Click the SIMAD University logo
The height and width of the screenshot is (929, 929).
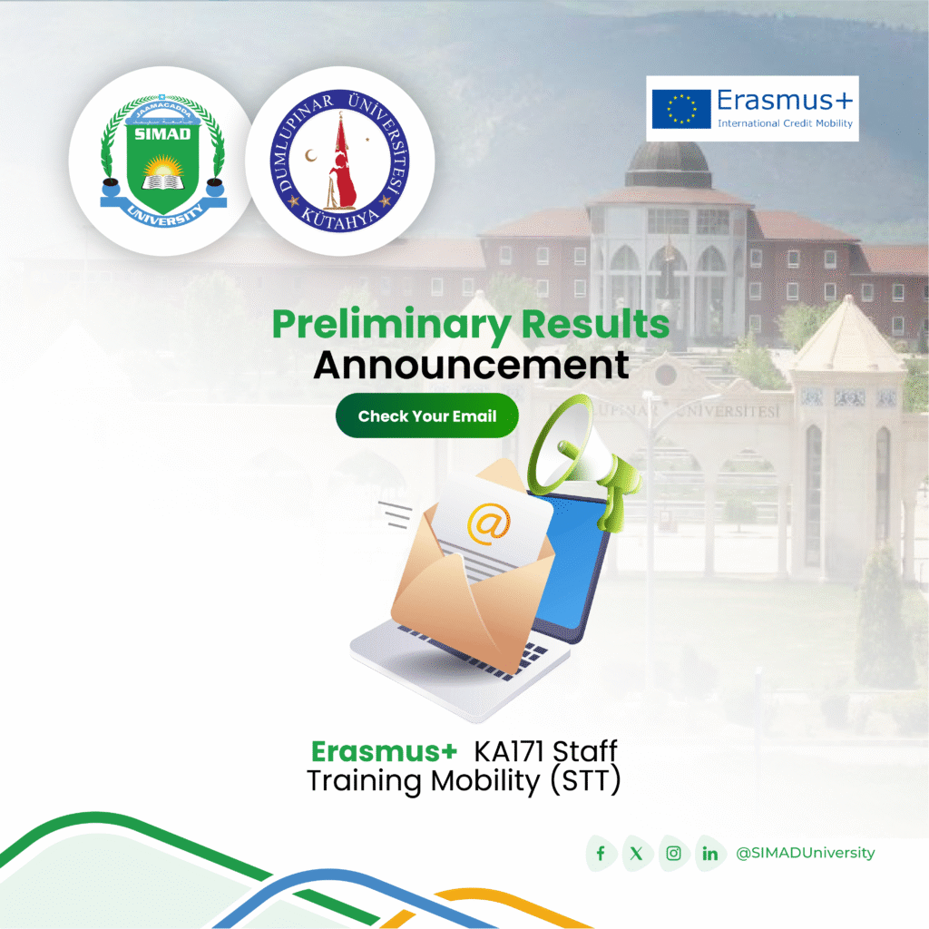click(x=161, y=161)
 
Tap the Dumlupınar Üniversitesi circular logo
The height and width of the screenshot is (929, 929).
click(x=339, y=161)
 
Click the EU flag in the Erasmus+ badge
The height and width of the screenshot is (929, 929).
click(x=680, y=108)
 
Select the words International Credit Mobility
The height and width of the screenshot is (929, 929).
click(x=785, y=122)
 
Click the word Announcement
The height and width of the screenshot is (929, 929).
click(x=471, y=366)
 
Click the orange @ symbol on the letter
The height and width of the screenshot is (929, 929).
click(x=488, y=524)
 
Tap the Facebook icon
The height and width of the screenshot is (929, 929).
click(x=601, y=854)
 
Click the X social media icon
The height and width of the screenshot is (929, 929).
click(x=637, y=854)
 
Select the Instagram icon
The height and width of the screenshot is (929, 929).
click(x=673, y=854)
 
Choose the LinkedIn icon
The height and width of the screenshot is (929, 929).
click(x=709, y=854)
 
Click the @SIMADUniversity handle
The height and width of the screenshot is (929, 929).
click(x=806, y=853)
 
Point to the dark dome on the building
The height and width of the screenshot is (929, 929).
click(x=668, y=163)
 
